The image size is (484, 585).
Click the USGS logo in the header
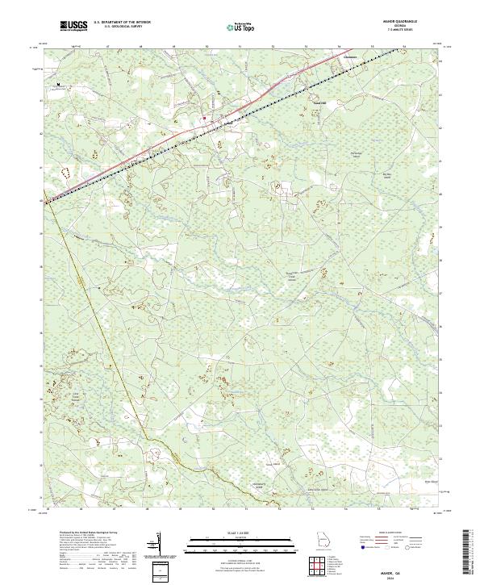[73, 26]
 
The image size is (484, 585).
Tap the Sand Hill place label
[319, 103]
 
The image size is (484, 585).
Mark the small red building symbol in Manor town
[204, 119]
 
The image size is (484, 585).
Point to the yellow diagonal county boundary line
[97, 323]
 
